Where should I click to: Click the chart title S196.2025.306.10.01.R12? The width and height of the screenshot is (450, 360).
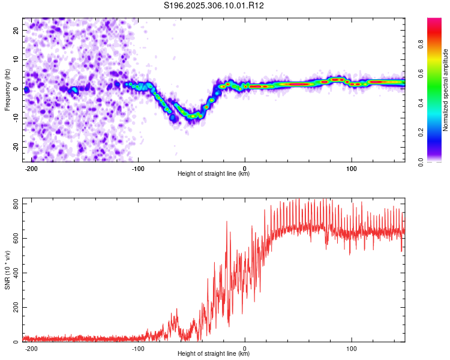tap(214, 5)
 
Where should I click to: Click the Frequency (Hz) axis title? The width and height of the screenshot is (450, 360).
tap(7, 90)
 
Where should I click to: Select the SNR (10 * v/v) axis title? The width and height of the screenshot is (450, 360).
tap(7, 270)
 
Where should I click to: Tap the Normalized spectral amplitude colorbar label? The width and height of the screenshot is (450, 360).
tap(445, 90)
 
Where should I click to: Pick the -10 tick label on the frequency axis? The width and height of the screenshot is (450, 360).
tap(16, 118)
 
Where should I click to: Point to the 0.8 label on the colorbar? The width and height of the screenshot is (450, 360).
tap(421, 44)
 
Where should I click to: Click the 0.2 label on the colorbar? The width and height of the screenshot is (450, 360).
tap(421, 133)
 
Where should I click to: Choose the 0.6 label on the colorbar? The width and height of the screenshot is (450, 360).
tap(421, 74)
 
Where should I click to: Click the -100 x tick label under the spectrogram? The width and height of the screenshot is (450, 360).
tap(138, 169)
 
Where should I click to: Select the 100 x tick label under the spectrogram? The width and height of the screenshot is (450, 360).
tap(351, 169)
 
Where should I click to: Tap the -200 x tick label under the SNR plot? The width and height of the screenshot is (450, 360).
tap(31, 349)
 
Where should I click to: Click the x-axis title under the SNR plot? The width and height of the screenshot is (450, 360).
tap(214, 353)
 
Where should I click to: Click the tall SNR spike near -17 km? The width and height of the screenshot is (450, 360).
tap(227, 223)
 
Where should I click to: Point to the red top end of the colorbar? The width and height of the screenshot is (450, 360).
tap(434, 20)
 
